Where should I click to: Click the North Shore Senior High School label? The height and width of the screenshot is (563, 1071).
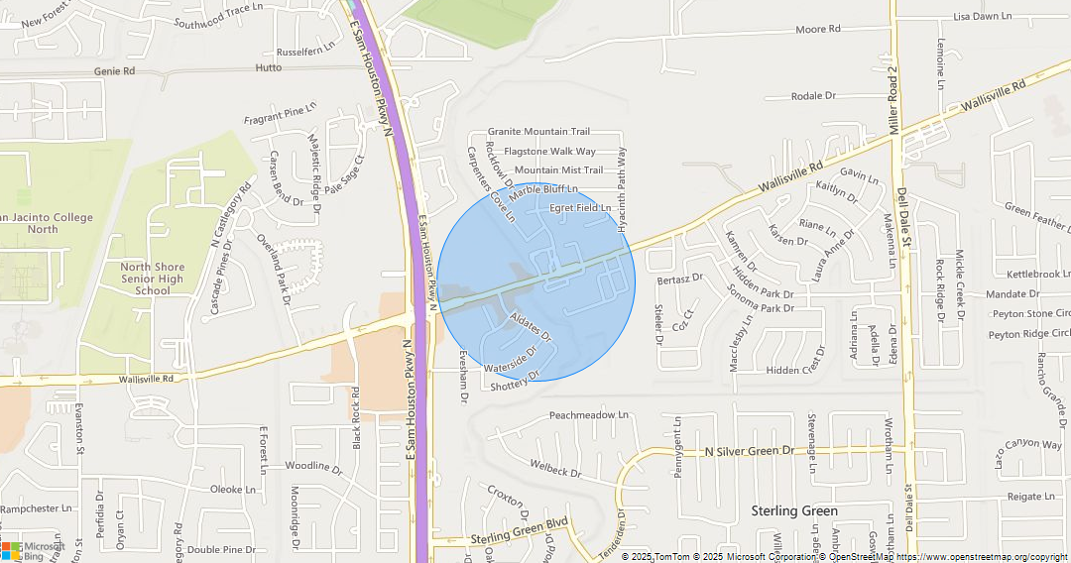click(x=152, y=279)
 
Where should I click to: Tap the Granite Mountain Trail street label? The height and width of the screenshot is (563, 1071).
click(x=538, y=132)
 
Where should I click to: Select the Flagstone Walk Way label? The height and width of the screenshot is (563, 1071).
click(x=549, y=152)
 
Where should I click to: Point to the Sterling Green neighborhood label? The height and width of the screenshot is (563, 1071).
click(x=793, y=511)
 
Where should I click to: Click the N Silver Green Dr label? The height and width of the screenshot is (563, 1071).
click(x=750, y=451)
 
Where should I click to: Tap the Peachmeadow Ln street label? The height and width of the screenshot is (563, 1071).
click(x=589, y=415)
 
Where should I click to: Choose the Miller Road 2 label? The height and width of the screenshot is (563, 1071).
click(x=893, y=100)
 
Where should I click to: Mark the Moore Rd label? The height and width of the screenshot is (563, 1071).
click(x=817, y=30)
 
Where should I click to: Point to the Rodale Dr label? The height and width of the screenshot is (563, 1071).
click(x=814, y=96)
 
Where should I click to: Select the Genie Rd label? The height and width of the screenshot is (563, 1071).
click(x=114, y=71)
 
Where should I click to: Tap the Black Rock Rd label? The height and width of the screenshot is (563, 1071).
click(x=355, y=416)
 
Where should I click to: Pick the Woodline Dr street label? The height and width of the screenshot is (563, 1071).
click(x=312, y=466)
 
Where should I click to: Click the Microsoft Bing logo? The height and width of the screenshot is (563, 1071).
click(x=33, y=551)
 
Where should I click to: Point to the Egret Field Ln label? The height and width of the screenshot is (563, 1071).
click(x=580, y=208)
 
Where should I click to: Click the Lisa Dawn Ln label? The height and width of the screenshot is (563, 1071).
click(x=982, y=17)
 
